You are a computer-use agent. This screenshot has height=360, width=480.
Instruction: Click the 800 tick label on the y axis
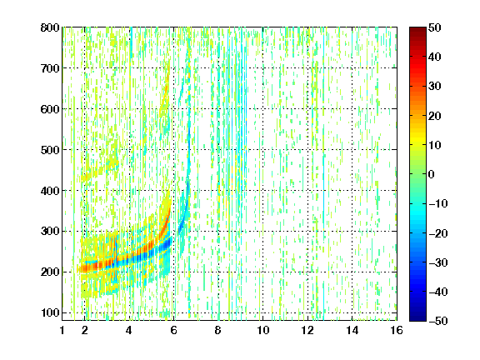pos(50,27)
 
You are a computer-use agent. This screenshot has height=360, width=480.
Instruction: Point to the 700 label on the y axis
pos(50,68)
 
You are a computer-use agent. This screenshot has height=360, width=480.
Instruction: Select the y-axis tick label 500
pos(50,150)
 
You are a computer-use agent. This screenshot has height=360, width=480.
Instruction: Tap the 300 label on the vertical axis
pos(50,232)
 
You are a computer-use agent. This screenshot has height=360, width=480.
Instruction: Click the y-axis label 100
pos(50,312)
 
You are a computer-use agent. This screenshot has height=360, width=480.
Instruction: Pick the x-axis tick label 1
pos(62,330)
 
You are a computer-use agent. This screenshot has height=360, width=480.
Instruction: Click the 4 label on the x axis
pos(129,330)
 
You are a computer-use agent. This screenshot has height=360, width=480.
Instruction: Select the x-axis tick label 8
pos(217,330)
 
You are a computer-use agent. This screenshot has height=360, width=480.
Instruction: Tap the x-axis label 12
pos(307,330)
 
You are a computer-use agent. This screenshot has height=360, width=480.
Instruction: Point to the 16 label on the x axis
pos(397,330)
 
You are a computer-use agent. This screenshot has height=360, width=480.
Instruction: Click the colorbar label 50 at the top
pos(435,27)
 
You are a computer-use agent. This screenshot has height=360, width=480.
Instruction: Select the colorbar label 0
pos(432,174)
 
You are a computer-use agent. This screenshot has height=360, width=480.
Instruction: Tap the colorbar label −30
pos(438,262)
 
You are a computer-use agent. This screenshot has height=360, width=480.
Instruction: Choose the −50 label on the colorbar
pos(438,321)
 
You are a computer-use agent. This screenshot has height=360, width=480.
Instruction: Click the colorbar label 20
pos(435,116)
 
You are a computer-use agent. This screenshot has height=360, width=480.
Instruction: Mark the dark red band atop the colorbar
pos(417,31)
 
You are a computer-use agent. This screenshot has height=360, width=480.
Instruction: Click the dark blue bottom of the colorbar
pos(417,317)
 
